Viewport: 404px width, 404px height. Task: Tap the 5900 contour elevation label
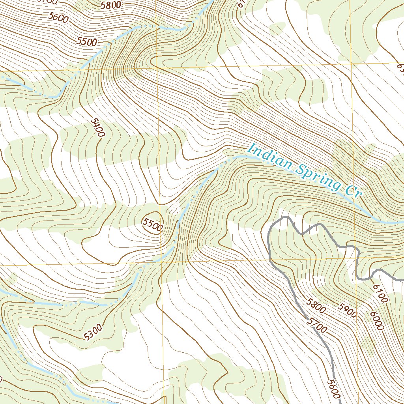(347, 310)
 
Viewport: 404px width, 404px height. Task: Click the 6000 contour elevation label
(377, 320)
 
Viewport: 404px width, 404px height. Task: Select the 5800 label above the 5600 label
(111, 6)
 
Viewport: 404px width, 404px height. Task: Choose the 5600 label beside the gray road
(333, 388)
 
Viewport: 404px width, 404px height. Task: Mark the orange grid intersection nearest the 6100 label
(356, 258)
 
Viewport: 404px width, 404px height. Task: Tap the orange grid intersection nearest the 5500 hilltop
(161, 262)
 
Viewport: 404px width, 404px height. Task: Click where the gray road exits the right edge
(402, 279)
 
